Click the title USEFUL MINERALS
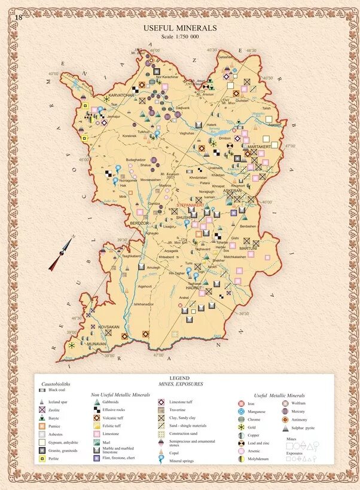pos(180,28)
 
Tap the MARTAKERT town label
pos(260,146)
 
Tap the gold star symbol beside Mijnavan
pos(72,345)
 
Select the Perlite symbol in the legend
pos(41,459)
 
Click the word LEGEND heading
pos(179,379)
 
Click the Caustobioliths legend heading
pos(56,384)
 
